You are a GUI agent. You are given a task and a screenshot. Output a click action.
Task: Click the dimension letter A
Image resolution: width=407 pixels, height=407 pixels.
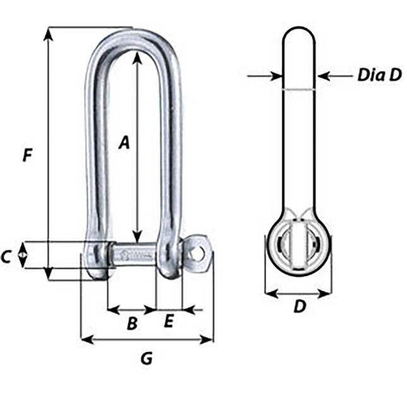point(124,143)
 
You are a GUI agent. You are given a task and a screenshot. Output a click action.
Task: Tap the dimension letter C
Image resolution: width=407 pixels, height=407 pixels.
point(6,257)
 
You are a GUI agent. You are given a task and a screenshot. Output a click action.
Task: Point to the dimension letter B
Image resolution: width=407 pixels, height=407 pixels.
point(132,324)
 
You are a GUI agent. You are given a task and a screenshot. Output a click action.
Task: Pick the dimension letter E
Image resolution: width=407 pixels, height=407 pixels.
point(168,321)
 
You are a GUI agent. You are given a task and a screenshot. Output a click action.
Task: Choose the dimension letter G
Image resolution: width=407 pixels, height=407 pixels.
point(146,359)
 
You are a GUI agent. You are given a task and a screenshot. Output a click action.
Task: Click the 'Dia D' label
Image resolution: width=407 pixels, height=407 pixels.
point(379,76)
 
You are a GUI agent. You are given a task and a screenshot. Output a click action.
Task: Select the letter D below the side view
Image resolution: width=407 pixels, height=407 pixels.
point(300,307)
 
